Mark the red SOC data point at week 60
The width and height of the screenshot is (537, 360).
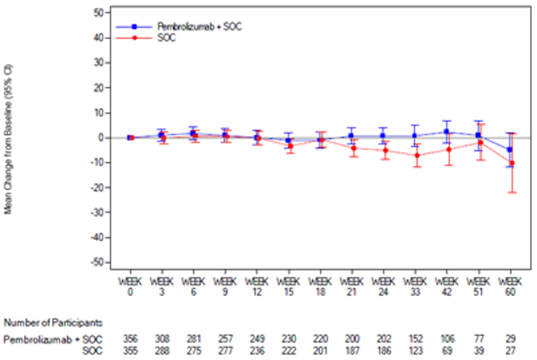[x=512, y=164]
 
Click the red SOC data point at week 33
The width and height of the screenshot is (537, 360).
[x=416, y=156]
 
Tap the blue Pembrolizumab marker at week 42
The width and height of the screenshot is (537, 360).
[x=447, y=132]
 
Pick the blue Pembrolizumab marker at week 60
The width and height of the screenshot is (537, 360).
[x=509, y=149]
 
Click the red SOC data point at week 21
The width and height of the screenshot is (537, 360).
[x=353, y=148]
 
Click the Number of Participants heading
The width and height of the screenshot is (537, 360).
[x=53, y=323]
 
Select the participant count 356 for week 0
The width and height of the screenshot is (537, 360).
[x=130, y=339]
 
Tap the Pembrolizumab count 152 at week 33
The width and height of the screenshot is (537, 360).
[x=415, y=339]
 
